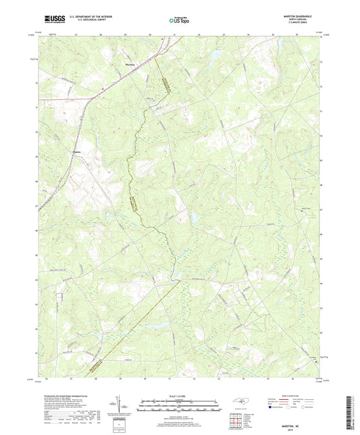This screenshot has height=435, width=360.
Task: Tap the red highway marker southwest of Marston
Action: click(x=101, y=89)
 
